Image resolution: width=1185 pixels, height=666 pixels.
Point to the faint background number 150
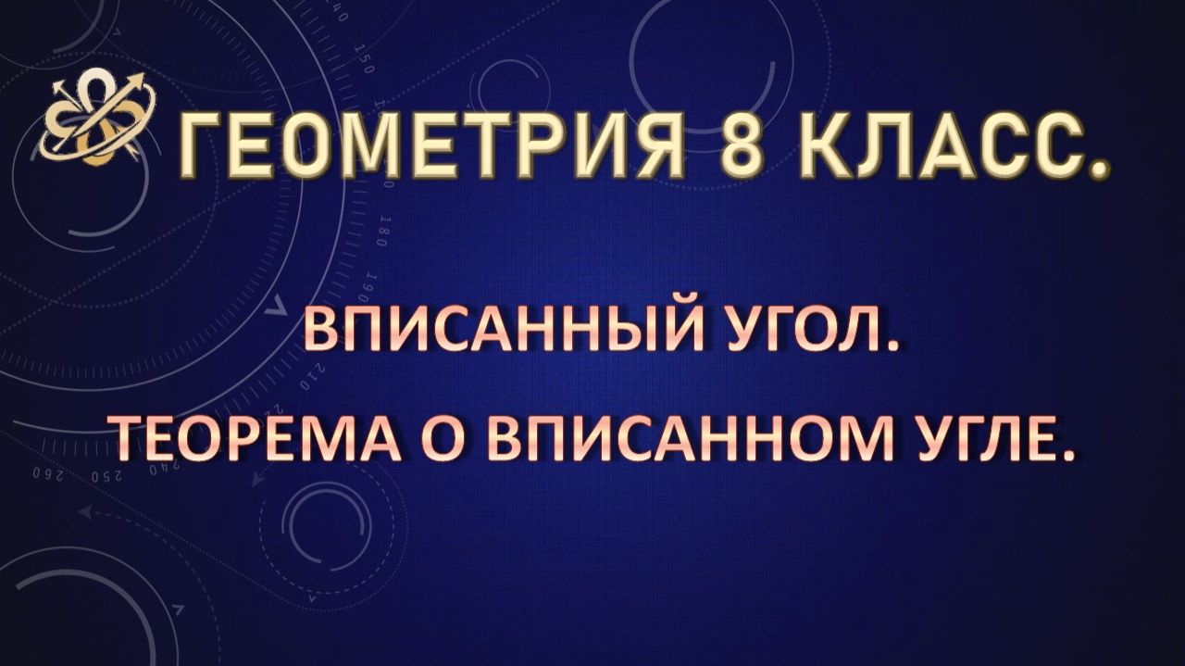[363, 62]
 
